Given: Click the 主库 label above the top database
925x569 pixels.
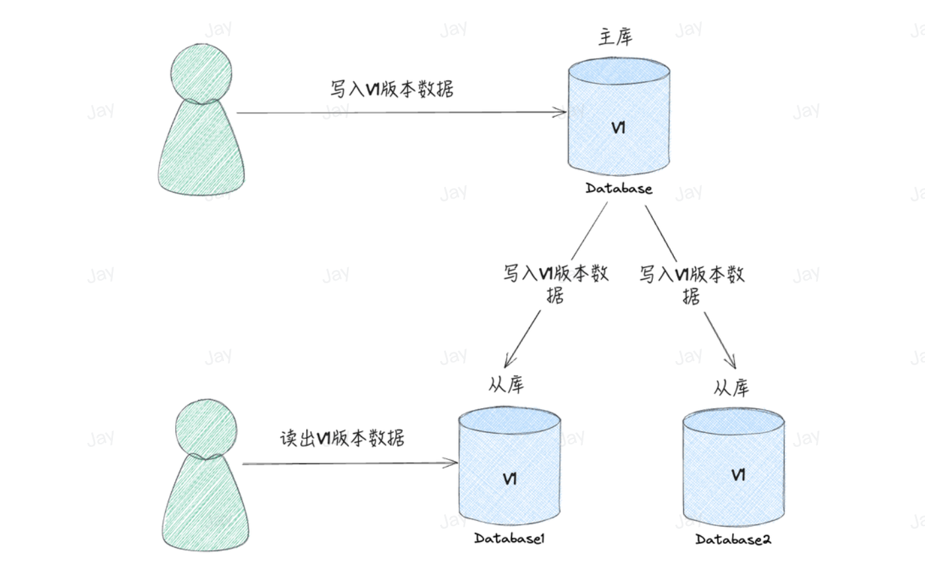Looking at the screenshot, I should point(615,38).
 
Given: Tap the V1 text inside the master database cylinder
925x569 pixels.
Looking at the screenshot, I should point(618,128).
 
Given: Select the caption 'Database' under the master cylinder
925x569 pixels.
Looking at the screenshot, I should point(618,189).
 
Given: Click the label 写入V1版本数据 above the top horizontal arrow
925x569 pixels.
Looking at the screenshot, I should point(392,89).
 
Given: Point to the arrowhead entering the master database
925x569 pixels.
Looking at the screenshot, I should point(562,112).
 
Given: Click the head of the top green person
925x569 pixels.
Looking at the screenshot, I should point(201,73).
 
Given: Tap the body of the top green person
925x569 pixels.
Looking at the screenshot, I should point(201,152).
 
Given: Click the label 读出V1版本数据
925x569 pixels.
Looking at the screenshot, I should point(342,438).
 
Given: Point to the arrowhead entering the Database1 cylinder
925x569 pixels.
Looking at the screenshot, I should point(453,463).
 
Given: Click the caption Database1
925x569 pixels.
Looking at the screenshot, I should point(509,539).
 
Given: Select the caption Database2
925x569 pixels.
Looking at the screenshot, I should point(733,539).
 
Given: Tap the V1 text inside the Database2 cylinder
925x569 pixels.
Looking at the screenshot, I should point(739,475).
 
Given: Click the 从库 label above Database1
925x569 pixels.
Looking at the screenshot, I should point(506,385).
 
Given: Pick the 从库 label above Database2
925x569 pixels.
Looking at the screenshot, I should point(731,387).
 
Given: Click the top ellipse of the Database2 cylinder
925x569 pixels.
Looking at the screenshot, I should point(733,419).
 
